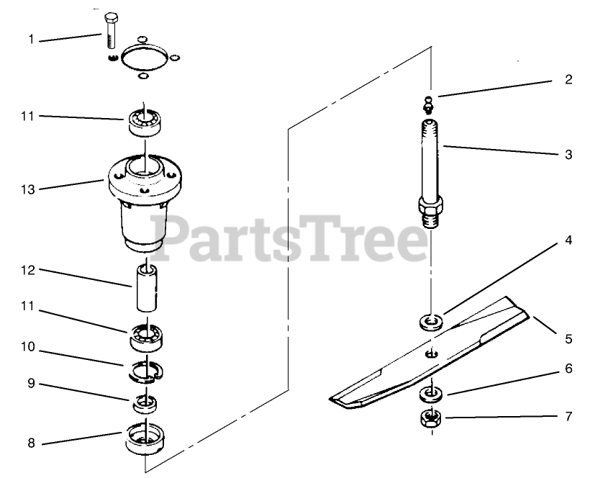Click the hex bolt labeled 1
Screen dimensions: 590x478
coord(111,31)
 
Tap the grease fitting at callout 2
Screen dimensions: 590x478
coord(428,105)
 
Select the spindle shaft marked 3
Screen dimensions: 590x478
coord(430,173)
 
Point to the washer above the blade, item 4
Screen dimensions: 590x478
coord(431,323)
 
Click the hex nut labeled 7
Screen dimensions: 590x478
coord(431,418)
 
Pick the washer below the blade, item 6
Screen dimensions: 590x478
coord(431,394)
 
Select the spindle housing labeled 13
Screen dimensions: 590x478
coord(145,202)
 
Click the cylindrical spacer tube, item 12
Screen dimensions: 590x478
coord(147,288)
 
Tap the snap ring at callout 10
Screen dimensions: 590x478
coord(145,372)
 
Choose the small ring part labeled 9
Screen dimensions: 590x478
coord(145,404)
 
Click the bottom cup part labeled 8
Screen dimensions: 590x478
coord(145,438)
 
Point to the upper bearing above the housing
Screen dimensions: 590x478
coord(145,122)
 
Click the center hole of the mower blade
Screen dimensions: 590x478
coord(431,353)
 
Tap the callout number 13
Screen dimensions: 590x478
coord(27,190)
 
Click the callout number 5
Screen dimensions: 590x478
coord(568,339)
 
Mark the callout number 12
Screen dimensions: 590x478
coord(27,270)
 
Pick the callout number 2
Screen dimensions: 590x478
coord(568,79)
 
